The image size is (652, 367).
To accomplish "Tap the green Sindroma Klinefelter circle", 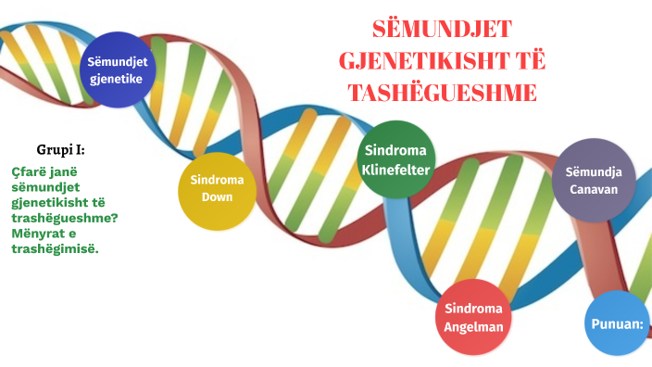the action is point(396,158).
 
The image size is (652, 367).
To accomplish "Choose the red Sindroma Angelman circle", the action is point(472,317).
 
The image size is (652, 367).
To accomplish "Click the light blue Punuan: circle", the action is point(617,323).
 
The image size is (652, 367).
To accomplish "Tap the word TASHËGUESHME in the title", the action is point(442,93).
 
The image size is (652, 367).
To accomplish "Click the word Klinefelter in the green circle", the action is point(396,168).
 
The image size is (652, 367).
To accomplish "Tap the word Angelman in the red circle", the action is point(472,326).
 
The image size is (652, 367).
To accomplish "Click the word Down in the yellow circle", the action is point(217,197).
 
